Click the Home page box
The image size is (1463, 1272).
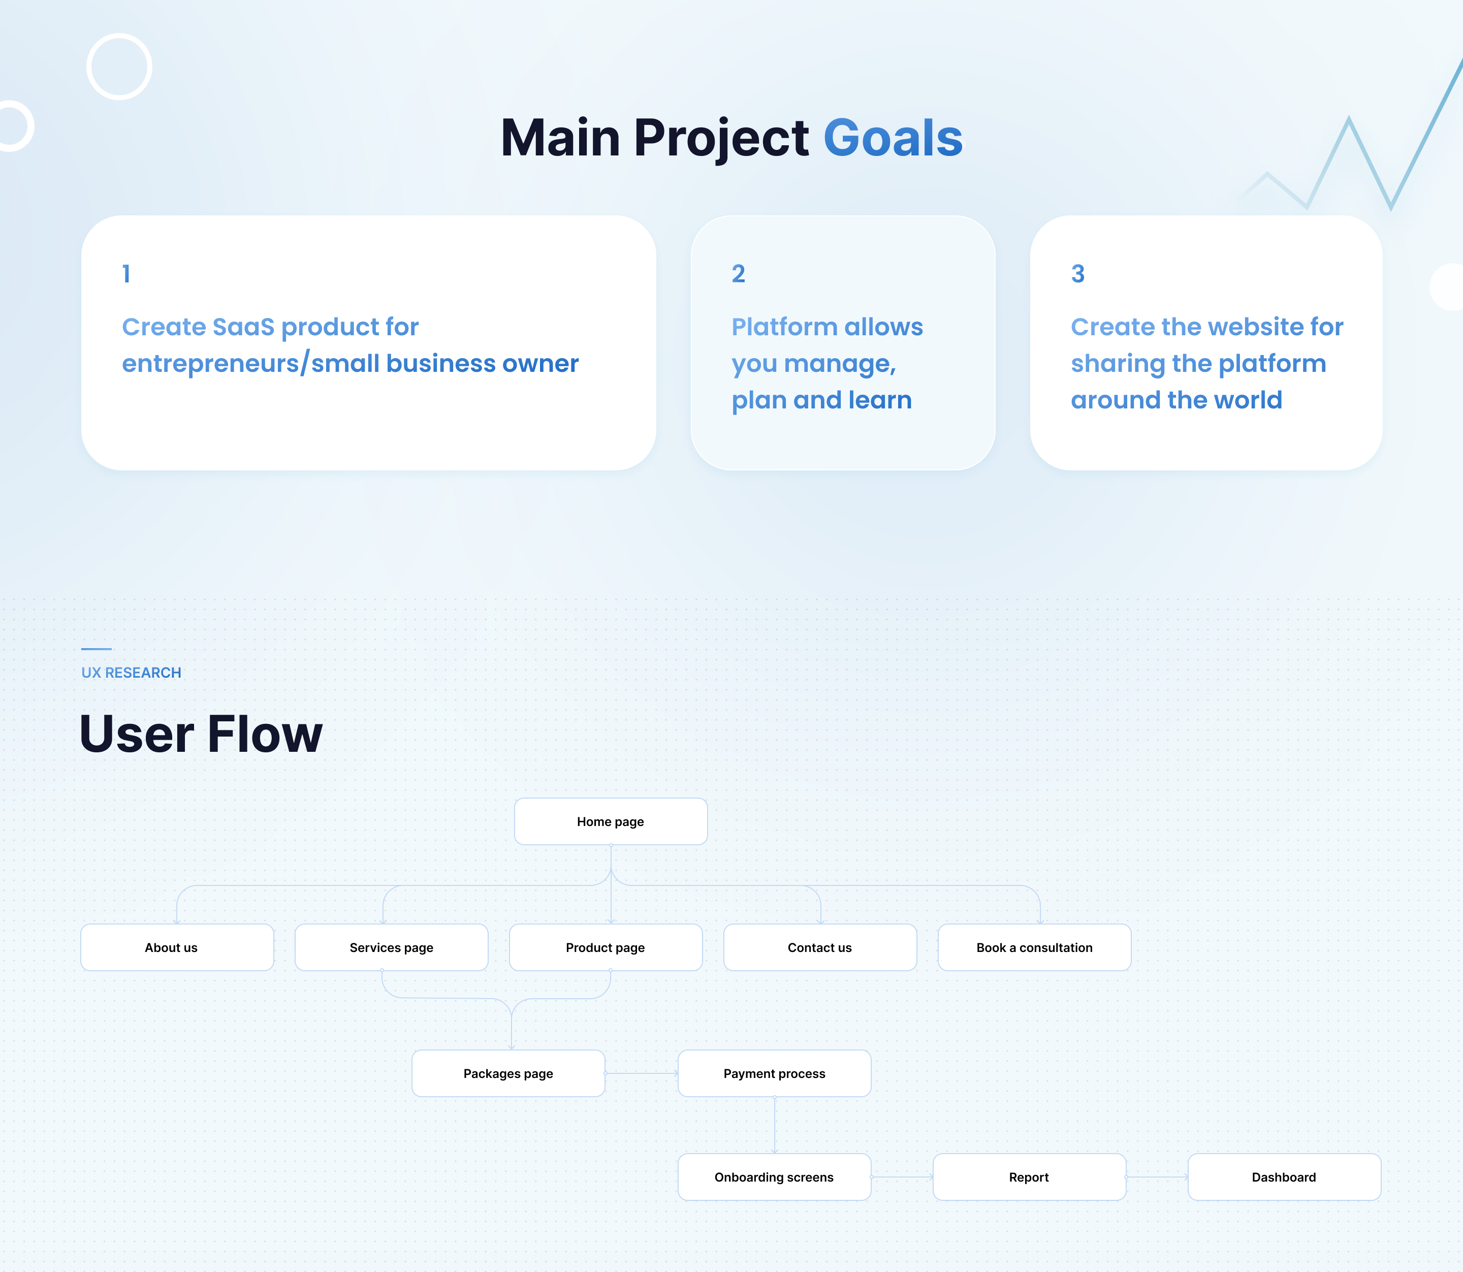[611, 821]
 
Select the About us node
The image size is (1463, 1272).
[177, 947]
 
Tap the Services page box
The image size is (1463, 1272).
[391, 947]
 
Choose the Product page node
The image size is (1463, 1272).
[606, 947]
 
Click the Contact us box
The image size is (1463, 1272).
[820, 947]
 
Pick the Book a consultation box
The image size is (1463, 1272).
[1034, 947]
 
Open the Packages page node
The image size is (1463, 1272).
[508, 1073]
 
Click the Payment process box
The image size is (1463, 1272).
[775, 1073]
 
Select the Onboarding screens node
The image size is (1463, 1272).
[775, 1177]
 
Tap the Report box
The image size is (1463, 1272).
[1029, 1177]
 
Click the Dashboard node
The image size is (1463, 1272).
[1284, 1177]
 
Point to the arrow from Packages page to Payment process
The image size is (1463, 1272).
[642, 1073]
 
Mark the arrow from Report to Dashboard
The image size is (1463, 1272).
[1157, 1177]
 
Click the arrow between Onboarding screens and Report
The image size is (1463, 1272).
[902, 1177]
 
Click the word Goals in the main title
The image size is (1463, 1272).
[893, 138]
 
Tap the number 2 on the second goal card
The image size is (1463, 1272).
[738, 274]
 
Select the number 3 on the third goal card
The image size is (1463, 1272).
[1077, 274]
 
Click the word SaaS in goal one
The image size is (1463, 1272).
[243, 327]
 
